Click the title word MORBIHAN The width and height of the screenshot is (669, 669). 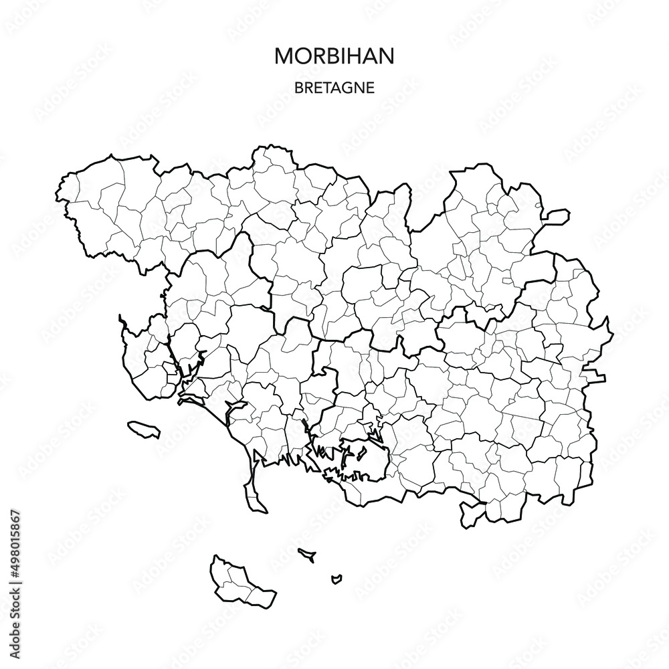point(334,56)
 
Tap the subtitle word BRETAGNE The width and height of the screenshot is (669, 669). point(334,88)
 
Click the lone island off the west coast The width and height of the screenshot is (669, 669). point(144,428)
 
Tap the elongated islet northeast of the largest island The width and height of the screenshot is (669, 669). point(308,554)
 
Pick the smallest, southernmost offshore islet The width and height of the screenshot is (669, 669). point(337,577)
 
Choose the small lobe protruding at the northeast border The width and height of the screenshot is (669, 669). point(557,215)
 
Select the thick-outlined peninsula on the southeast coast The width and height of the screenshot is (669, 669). point(471,513)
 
